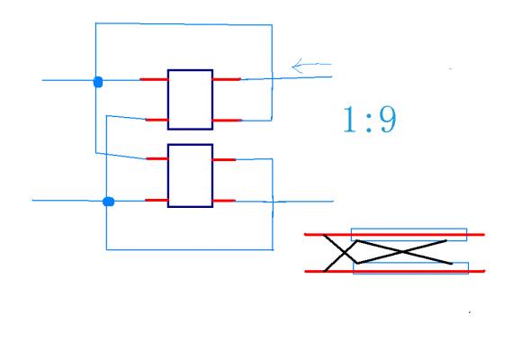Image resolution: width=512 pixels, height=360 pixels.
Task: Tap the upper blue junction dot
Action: click(98, 82)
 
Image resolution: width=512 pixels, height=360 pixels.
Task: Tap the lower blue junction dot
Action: click(108, 202)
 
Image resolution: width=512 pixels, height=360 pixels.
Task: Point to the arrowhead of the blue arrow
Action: click(292, 67)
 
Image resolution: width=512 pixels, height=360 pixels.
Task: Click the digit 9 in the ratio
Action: click(388, 120)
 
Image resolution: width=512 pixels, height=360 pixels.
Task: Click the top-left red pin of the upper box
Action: click(154, 79)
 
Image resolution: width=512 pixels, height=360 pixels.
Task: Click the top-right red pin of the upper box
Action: click(227, 79)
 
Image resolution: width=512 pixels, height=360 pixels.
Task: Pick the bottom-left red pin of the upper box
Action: click(157, 120)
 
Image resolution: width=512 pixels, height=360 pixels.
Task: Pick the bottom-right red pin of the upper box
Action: click(228, 121)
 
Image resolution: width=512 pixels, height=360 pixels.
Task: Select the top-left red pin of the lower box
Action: click(157, 158)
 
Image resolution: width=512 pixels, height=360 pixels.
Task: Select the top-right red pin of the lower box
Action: click(224, 159)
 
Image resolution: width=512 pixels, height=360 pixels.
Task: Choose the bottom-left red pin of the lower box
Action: click(157, 200)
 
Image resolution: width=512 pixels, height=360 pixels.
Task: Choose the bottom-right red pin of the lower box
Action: click(224, 201)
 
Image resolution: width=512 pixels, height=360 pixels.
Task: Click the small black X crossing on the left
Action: click(344, 252)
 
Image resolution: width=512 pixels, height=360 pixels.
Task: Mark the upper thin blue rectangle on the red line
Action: click(409, 235)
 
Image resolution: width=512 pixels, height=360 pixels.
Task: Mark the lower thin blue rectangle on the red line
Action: click(411, 268)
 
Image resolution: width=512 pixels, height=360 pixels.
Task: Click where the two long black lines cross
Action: click(402, 251)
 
